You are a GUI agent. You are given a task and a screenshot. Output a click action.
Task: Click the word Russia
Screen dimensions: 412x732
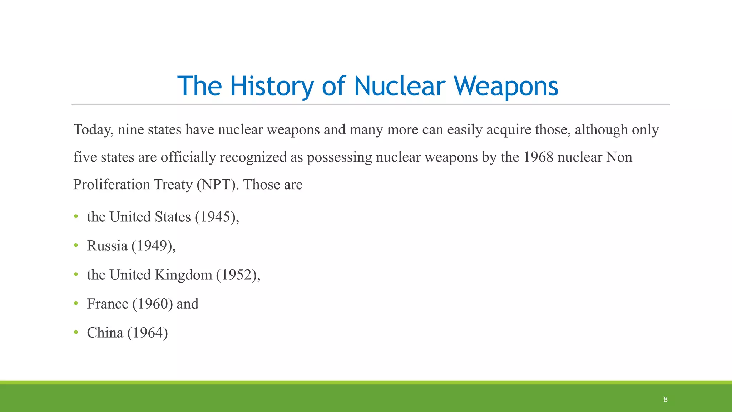tap(107, 246)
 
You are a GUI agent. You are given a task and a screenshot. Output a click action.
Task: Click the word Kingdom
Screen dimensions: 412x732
tap(183, 275)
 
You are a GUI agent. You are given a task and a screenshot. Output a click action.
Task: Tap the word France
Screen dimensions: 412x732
tap(108, 304)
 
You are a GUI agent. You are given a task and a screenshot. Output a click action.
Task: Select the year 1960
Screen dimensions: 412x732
tap(153, 304)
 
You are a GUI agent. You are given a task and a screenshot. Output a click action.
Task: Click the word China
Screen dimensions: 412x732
tap(105, 333)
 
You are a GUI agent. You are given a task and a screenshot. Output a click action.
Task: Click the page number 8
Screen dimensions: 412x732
tap(666, 399)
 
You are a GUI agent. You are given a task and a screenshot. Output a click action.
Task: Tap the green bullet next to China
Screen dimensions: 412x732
tap(76, 333)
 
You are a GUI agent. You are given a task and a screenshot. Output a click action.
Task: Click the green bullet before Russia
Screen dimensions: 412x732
tap(76, 246)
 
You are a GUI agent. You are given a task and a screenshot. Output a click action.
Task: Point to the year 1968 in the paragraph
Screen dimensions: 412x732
tap(538, 157)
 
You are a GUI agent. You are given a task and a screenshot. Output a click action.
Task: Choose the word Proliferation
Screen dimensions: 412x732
tap(112, 185)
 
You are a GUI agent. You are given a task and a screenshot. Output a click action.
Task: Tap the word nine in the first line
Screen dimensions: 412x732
tap(130, 130)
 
